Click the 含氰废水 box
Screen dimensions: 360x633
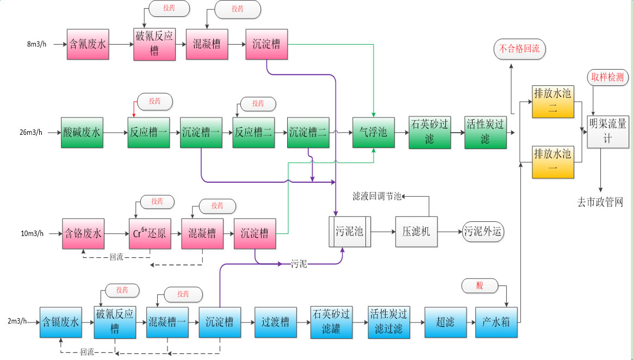pos(88,44)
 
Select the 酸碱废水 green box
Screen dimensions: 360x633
pos(82,132)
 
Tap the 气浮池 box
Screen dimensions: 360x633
pos(373,132)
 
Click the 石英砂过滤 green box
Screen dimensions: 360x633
pos(430,132)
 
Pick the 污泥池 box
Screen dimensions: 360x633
pos(349,232)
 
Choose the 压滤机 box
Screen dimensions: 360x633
pos(416,232)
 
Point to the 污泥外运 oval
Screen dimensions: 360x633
pos(483,232)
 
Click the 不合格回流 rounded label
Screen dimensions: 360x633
pos(519,49)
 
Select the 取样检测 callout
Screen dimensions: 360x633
pos(608,78)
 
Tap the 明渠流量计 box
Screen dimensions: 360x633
pos(608,131)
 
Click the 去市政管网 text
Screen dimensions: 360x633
pos(600,202)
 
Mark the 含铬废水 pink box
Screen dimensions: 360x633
pos(82,234)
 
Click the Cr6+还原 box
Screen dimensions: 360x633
pos(149,234)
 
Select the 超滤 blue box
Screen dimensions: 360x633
pos(445,322)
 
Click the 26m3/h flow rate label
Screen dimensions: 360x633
pos(30,132)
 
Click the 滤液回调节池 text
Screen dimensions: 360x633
pos(377,196)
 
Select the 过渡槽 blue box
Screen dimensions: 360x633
pos(275,322)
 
